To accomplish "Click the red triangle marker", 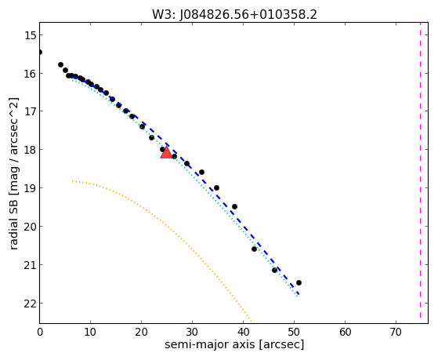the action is [x=166, y=152].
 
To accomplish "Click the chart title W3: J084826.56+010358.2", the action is [x=234, y=15].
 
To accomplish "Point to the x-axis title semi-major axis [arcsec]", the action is [x=234, y=344].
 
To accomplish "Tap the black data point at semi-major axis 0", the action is [x=40, y=53].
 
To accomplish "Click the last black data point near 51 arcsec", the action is [x=299, y=283].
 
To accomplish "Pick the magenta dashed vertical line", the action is [x=420, y=173].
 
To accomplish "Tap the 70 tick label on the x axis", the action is [x=396, y=333].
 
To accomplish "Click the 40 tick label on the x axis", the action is [x=243, y=333].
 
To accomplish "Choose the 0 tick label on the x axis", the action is [x=40, y=333].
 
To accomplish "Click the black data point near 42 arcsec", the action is [x=254, y=249].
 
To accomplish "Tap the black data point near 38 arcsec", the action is [x=234, y=207].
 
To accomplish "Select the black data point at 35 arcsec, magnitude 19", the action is [x=216, y=187].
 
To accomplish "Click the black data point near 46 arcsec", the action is [x=274, y=271].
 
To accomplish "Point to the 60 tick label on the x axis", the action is [x=345, y=333].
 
